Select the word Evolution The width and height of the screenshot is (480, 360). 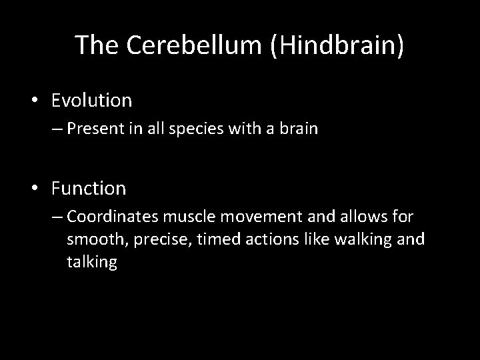[x=92, y=101]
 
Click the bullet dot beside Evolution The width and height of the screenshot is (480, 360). [x=37, y=101]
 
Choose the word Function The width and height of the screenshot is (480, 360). [x=89, y=189]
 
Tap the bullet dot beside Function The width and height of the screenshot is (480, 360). [x=37, y=189]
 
